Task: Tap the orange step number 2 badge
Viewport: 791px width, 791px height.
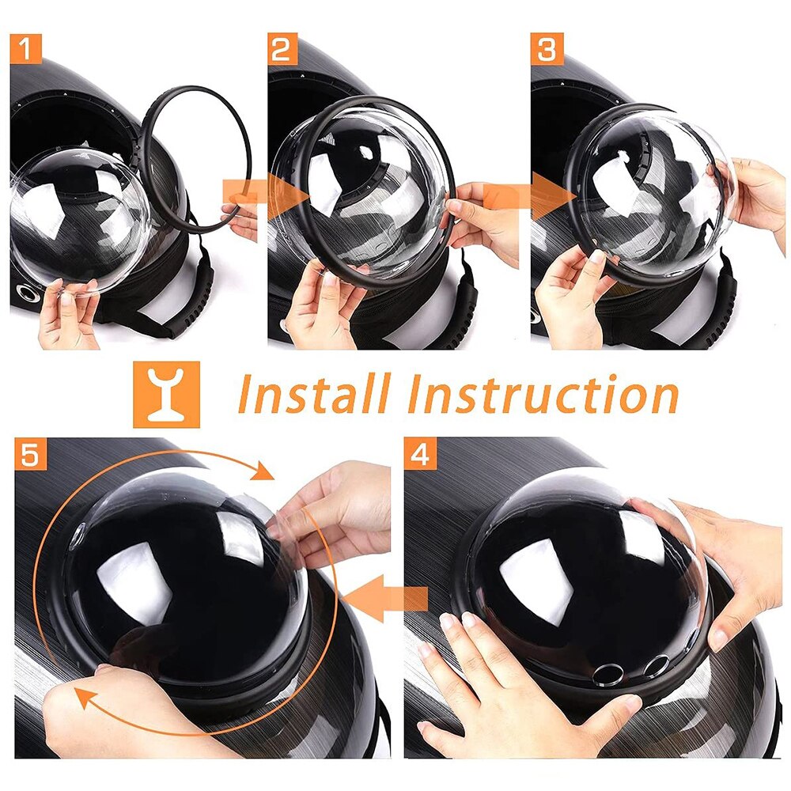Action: point(282,48)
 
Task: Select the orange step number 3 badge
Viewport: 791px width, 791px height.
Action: point(547,49)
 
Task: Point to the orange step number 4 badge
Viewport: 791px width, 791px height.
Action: point(420,453)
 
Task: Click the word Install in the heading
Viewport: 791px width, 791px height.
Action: point(315,395)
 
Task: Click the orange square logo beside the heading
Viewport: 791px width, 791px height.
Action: point(166,395)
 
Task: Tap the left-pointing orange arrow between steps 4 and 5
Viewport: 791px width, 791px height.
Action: point(388,600)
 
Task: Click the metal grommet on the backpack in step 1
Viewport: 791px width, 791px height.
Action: point(25,293)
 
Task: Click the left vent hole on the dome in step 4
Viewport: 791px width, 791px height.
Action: point(607,674)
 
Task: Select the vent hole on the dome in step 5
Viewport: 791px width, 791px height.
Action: point(78,535)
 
